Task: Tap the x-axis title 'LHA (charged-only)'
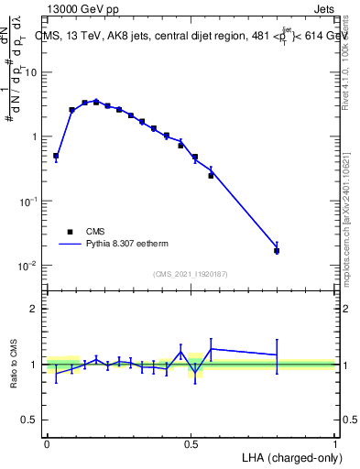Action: tap(289, 456)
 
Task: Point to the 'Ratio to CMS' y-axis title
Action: tap(15, 364)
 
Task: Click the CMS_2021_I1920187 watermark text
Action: tap(190, 274)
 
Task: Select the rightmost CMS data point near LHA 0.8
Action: tap(277, 250)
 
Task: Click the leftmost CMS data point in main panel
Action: tap(56, 156)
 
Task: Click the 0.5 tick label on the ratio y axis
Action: tap(31, 420)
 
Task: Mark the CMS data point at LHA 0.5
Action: tap(194, 158)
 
